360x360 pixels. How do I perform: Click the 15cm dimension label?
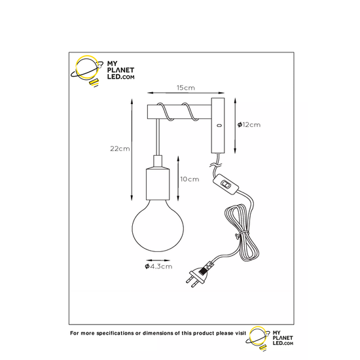tap(186, 88)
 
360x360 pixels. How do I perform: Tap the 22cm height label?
tap(120, 149)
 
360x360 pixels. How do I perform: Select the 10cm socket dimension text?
tap(190, 179)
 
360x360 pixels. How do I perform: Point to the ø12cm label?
tap(249, 124)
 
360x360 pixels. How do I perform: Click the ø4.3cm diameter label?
tap(158, 266)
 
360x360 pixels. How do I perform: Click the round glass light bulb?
tap(158, 226)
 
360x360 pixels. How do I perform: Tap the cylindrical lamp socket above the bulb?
tap(158, 184)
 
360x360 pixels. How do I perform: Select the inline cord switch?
tap(226, 185)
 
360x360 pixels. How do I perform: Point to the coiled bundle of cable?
tap(242, 232)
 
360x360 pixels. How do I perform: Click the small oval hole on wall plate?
tap(219, 126)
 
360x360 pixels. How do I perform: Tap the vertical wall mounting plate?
tap(218, 126)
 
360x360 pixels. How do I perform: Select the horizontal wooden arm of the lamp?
tap(179, 112)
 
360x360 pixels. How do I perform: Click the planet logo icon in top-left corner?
tap(87, 71)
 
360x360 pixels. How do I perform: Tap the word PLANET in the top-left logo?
tap(120, 70)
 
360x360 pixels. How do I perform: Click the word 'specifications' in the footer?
tap(115, 333)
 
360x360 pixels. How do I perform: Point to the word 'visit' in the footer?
tap(240, 333)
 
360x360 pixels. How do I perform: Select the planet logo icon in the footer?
tap(258, 338)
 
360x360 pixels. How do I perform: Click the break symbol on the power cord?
tap(215, 164)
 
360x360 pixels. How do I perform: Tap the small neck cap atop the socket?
tap(158, 162)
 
